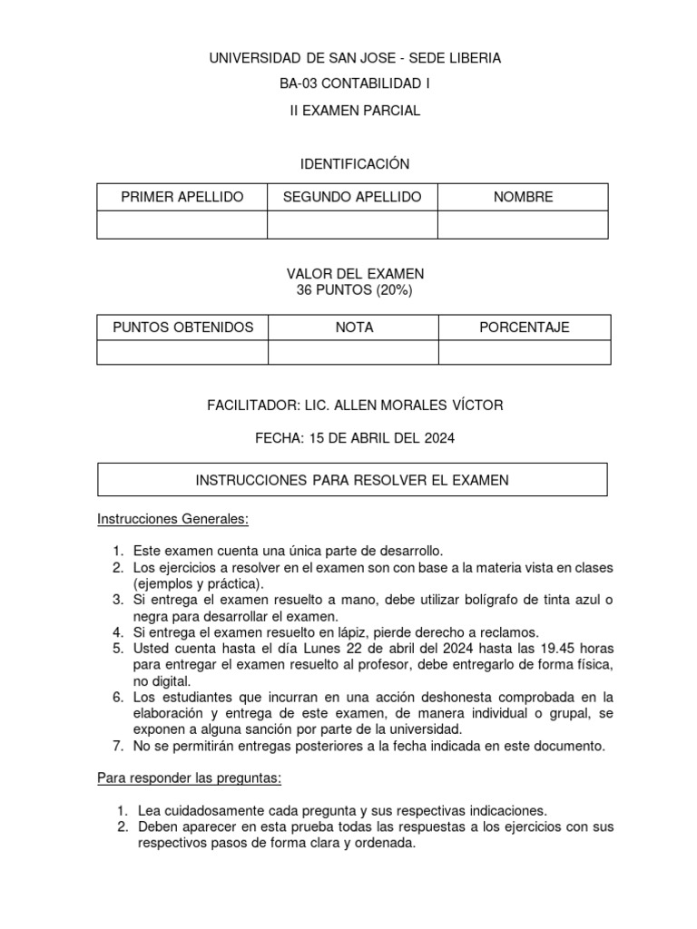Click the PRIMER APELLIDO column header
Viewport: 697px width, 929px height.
182,197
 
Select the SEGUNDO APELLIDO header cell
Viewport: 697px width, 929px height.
352,197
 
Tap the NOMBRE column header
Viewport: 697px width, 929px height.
523,197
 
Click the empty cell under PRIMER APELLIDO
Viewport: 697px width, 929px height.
182,224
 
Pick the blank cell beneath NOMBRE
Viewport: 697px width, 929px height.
523,224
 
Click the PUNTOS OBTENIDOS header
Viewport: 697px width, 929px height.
182,328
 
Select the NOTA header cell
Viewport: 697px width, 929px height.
353,328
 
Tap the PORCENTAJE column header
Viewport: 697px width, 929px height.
525,328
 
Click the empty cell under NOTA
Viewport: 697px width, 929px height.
353,352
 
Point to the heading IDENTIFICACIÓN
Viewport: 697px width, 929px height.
355,163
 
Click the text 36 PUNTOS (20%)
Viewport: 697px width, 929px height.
355,289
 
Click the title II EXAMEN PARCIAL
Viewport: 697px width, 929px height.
355,111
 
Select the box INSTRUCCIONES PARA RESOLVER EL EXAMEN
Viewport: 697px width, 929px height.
352,480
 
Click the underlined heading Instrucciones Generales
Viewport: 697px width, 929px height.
172,520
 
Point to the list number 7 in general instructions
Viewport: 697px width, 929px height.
118,747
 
